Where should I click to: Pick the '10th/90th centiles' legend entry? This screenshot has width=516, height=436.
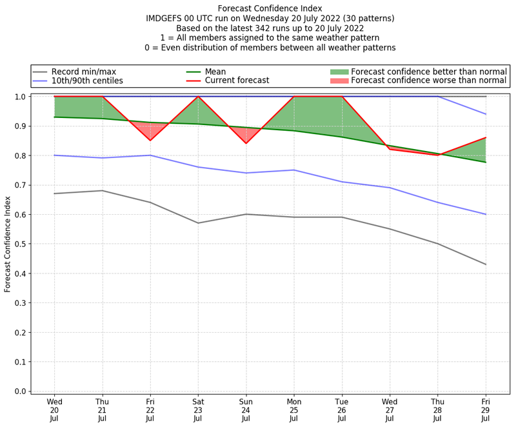[87, 81]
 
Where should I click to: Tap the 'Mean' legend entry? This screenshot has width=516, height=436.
[214, 71]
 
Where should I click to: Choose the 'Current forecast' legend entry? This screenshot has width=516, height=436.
[235, 81]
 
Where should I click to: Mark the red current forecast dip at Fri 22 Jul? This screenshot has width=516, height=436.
[150, 141]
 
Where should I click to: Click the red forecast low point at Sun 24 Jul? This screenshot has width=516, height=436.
[246, 143]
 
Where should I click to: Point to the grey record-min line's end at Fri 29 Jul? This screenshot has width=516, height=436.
[486, 264]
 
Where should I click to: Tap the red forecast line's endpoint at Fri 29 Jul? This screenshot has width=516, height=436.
[486, 137]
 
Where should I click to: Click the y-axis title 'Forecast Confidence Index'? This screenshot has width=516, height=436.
[8, 244]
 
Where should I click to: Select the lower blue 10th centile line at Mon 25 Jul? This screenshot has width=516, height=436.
[294, 170]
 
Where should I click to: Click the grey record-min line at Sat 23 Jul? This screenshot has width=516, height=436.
[198, 223]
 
